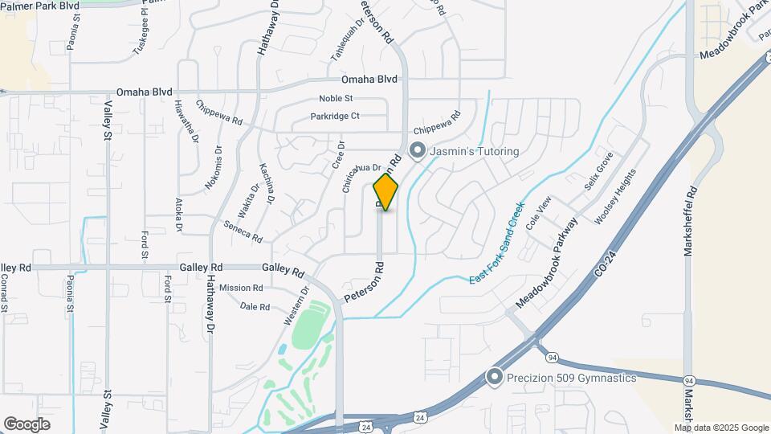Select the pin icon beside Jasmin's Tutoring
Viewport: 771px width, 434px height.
[417, 150]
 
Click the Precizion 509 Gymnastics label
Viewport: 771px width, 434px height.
[572, 378]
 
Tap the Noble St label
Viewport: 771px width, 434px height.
[336, 98]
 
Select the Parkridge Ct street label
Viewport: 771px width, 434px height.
[335, 117]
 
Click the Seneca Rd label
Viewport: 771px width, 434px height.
[243, 232]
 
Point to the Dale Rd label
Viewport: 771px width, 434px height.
[255, 307]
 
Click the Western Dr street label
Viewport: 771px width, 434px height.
[296, 306]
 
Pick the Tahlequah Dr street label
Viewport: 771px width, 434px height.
[348, 40]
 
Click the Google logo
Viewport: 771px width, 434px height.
[27, 424]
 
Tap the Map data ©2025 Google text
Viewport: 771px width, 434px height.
[721, 428]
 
